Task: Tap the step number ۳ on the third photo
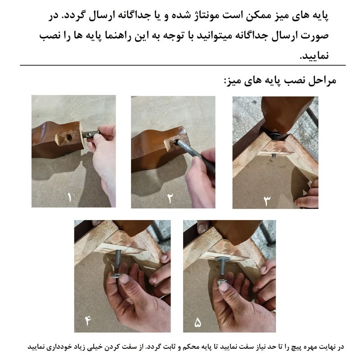click(267, 199)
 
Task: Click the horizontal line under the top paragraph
click(180, 66)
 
